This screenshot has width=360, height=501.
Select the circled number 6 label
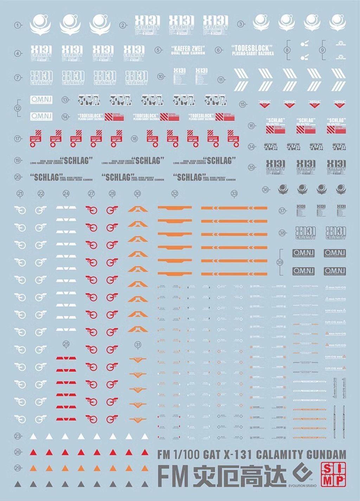tap(218, 50)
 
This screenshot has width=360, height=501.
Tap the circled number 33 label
tap(234, 193)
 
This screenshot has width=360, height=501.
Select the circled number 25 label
tap(66, 344)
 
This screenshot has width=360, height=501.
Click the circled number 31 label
tap(138, 345)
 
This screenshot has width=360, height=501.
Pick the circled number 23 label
tap(18, 436)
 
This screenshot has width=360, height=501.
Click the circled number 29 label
tap(18, 468)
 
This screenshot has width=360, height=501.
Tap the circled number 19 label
tap(18, 161)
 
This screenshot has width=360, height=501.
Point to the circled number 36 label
tap(265, 190)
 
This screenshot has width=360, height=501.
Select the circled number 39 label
tap(280, 262)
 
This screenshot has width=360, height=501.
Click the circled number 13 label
tap(65, 100)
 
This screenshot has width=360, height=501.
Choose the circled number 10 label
tap(161, 76)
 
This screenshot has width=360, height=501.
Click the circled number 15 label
tap(243, 104)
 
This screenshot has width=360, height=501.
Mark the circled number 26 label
tap(18, 452)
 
